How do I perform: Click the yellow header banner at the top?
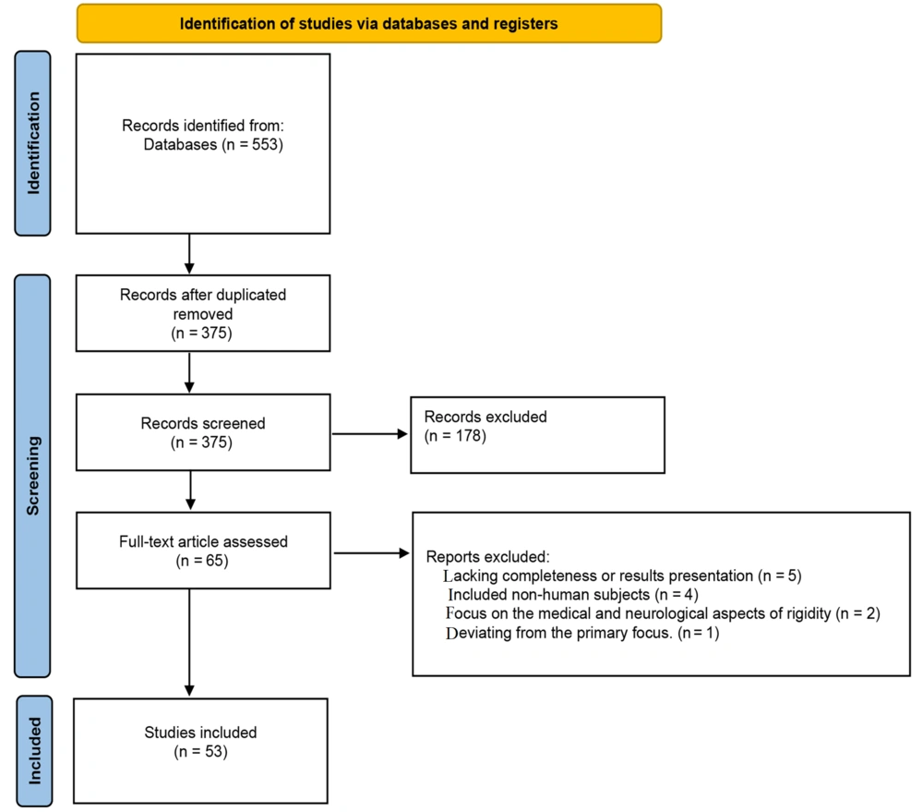pos(369,24)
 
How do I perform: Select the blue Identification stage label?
pos(32,143)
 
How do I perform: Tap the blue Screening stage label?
pos(32,476)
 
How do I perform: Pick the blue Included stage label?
pos(34,751)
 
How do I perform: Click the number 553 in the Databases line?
pos(265,144)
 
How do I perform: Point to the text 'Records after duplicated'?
pos(203,295)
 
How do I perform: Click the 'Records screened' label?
pos(203,423)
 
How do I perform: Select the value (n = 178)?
pos(455,436)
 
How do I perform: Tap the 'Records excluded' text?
pos(485,417)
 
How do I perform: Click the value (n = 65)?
pos(202,561)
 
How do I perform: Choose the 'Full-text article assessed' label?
pos(203,541)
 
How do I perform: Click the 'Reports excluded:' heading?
pos(488,557)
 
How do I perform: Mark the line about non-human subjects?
pos(573,595)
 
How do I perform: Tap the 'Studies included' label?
pos(200,733)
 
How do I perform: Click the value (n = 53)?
pos(200,751)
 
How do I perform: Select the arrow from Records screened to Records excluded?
pos(370,434)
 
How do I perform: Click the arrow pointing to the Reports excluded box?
pos(371,553)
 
